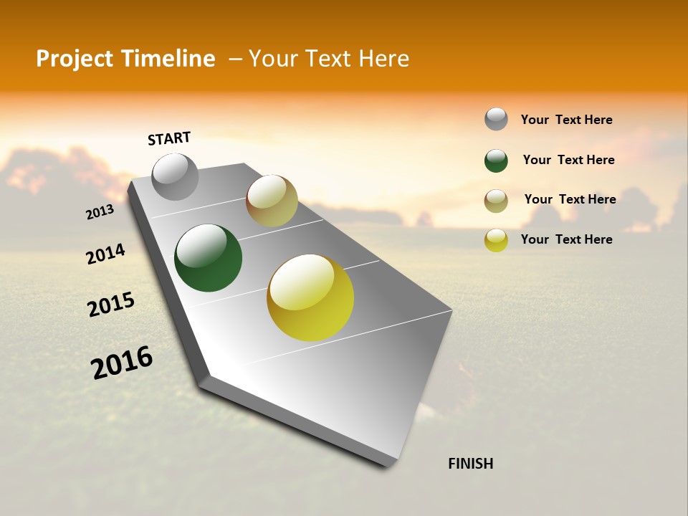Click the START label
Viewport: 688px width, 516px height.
pos(169,138)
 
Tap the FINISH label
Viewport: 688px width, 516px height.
pos(470,464)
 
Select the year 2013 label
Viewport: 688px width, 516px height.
pos(100,212)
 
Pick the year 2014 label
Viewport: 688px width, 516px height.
pos(105,254)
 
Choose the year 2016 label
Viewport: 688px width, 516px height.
pos(122,362)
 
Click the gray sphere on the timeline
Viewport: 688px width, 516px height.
pos(176,177)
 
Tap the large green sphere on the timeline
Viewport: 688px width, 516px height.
pos(209,258)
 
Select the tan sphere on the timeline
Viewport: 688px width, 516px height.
pos(272,201)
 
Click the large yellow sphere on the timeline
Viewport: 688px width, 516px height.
pos(310,297)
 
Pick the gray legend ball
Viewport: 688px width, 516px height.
pos(496,119)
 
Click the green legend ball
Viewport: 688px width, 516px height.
pos(496,161)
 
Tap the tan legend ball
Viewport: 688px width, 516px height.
pos(496,201)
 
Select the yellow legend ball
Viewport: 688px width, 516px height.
pos(496,240)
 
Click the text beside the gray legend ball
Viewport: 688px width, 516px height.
pos(566,120)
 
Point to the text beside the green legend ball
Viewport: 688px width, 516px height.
pos(568,160)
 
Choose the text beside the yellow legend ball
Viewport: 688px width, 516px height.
pos(566,239)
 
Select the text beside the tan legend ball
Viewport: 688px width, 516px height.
pos(570,199)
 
